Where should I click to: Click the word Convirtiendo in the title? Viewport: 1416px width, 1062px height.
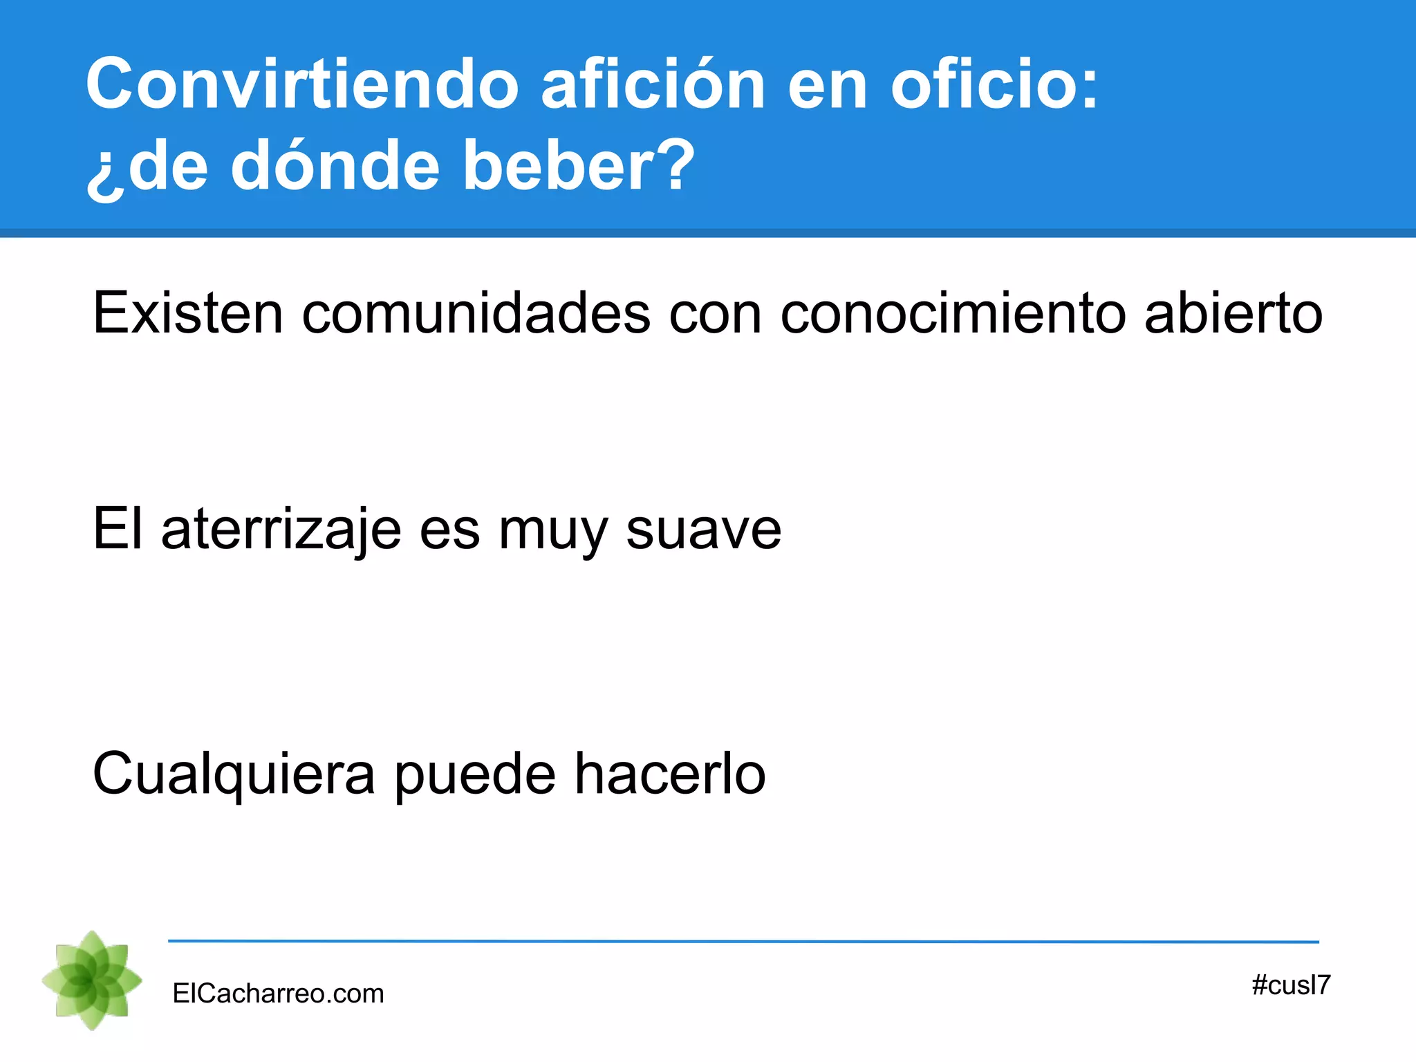coord(302,84)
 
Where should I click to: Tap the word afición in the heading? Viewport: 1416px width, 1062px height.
coord(653,84)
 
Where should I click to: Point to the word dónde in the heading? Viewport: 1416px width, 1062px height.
coord(335,166)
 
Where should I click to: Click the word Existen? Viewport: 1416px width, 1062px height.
coord(187,313)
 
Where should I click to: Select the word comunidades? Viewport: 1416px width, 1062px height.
coord(476,313)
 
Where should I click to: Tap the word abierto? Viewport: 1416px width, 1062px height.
coord(1233,313)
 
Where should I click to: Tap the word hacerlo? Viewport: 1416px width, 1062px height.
coord(670,773)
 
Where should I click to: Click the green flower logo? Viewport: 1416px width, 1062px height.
coord(92,980)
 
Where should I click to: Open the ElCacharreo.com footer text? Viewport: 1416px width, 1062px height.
coord(278,994)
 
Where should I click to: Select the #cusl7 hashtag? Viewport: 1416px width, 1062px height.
coord(1291,985)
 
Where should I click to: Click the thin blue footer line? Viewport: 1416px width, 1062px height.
coord(743,941)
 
